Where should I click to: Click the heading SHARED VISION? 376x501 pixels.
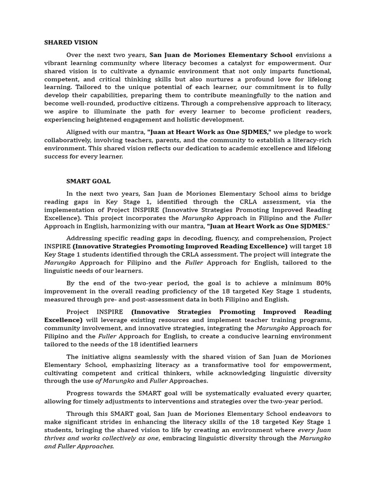tap(71, 43)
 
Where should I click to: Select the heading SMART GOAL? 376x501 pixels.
tap(89, 181)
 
